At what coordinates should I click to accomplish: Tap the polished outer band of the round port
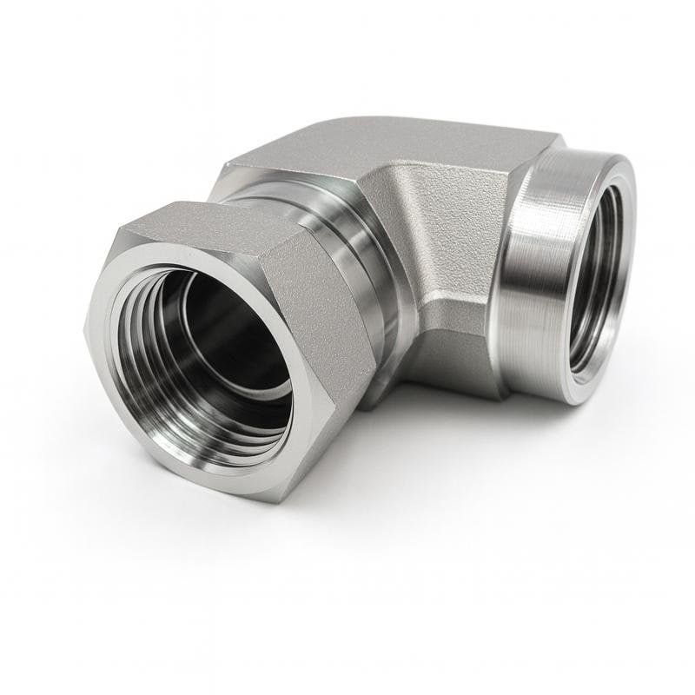(530, 278)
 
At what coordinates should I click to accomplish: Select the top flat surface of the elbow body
(382, 143)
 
